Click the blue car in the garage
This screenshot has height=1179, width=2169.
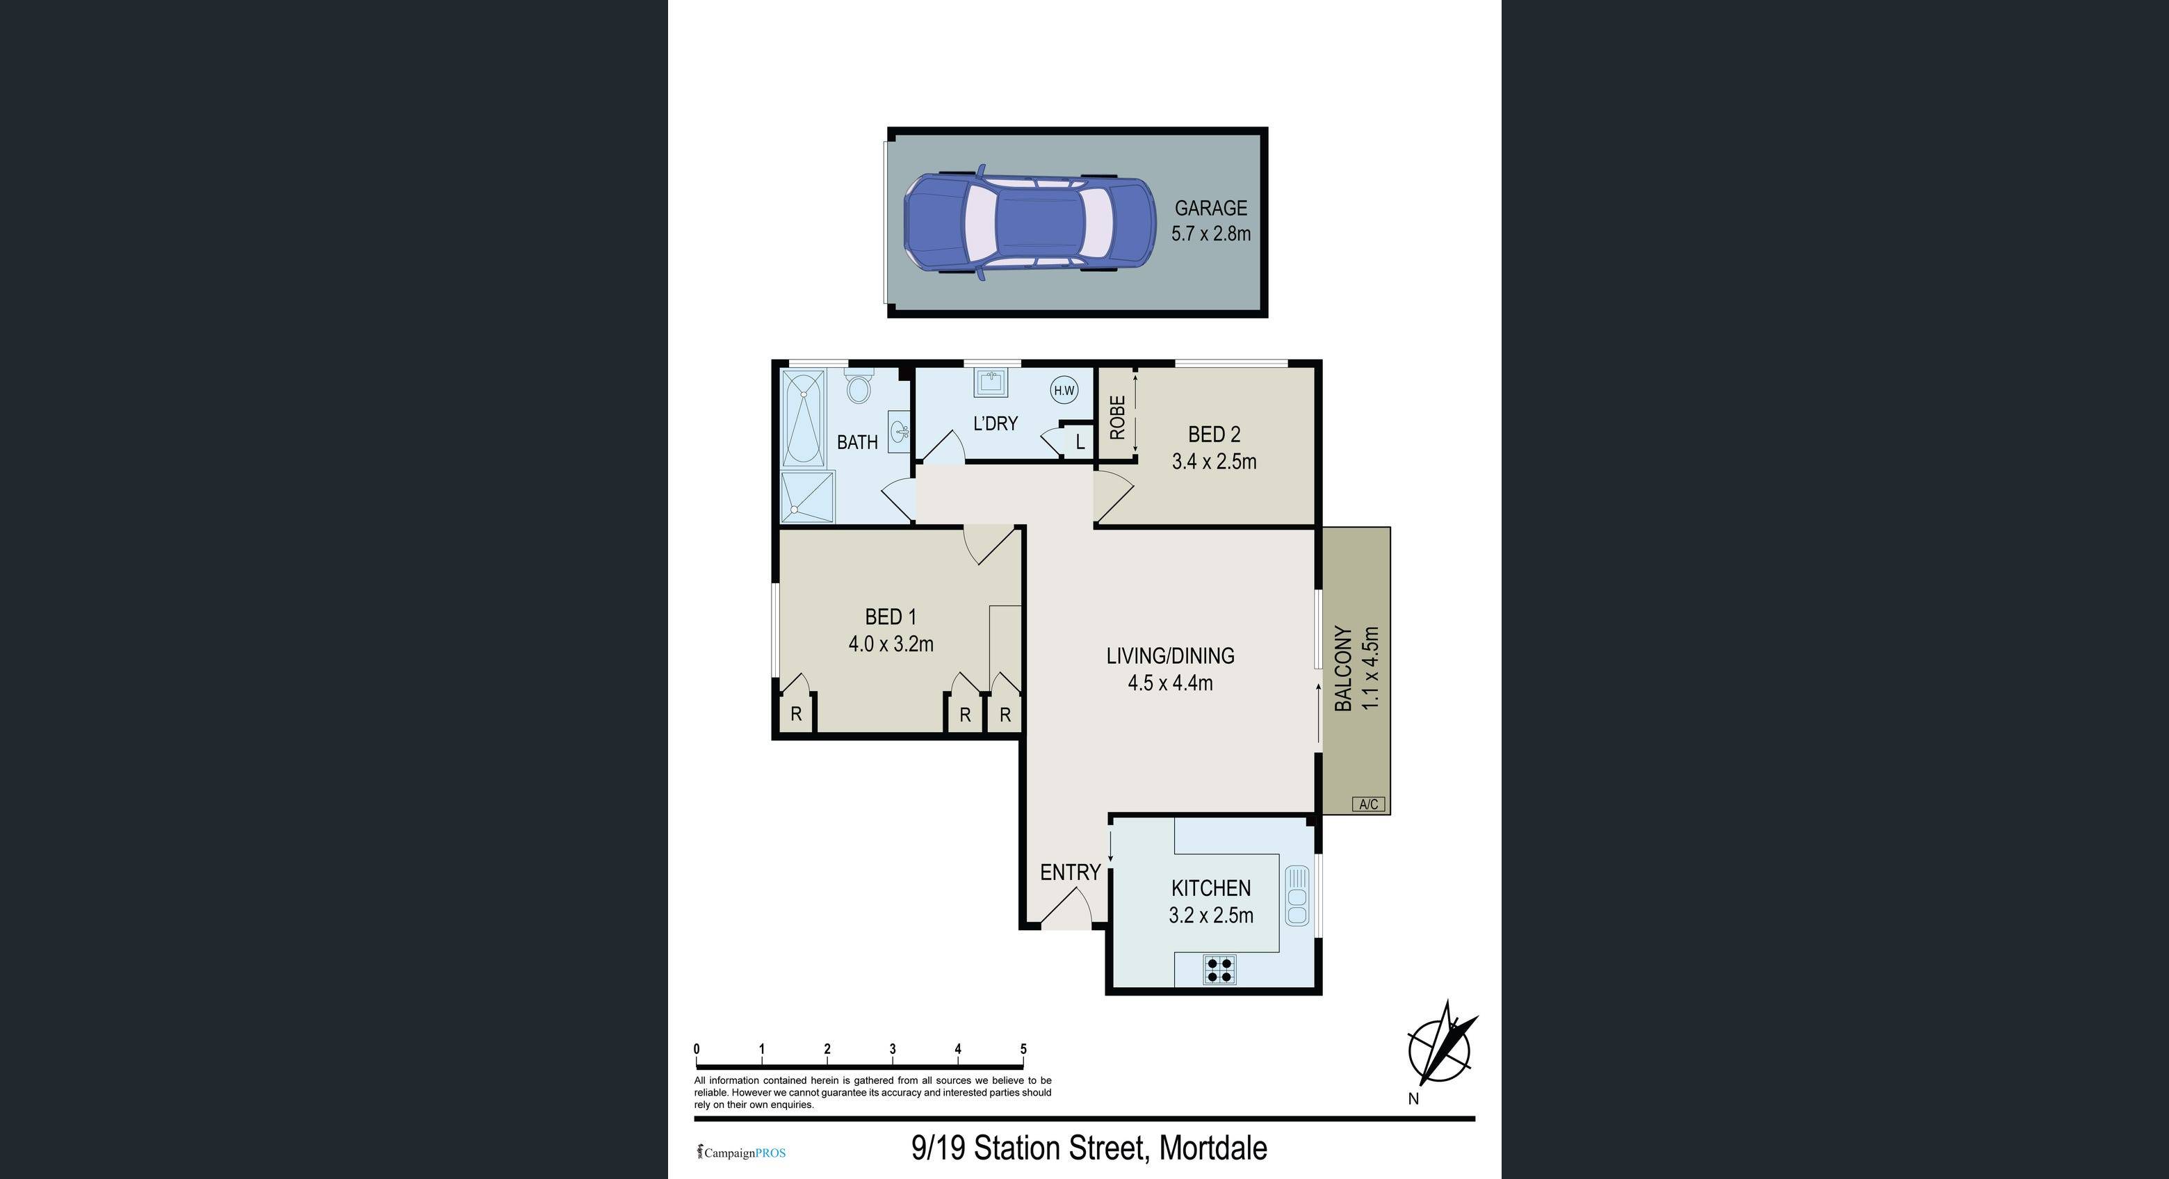[1030, 222]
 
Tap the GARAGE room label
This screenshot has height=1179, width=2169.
[1211, 208]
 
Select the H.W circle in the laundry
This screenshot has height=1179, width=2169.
[1064, 390]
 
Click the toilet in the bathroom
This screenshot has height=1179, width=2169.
[859, 387]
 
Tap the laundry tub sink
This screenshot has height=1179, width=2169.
[989, 383]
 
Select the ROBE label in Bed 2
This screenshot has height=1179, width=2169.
[1117, 418]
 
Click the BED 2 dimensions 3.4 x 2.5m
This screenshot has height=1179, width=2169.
[1215, 462]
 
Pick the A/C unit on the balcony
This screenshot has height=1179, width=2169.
[1368, 804]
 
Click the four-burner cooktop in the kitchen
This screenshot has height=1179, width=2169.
[1219, 970]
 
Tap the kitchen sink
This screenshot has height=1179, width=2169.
[1297, 896]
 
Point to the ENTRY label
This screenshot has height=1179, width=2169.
[1070, 872]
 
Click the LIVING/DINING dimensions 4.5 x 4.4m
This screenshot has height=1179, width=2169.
[1171, 683]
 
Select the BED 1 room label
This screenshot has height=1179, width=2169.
[891, 617]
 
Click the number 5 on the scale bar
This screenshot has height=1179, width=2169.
[1024, 1049]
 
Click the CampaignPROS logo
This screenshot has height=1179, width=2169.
[741, 1153]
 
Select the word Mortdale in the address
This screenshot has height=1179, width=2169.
[1213, 1148]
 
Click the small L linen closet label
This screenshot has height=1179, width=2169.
[1080, 442]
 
